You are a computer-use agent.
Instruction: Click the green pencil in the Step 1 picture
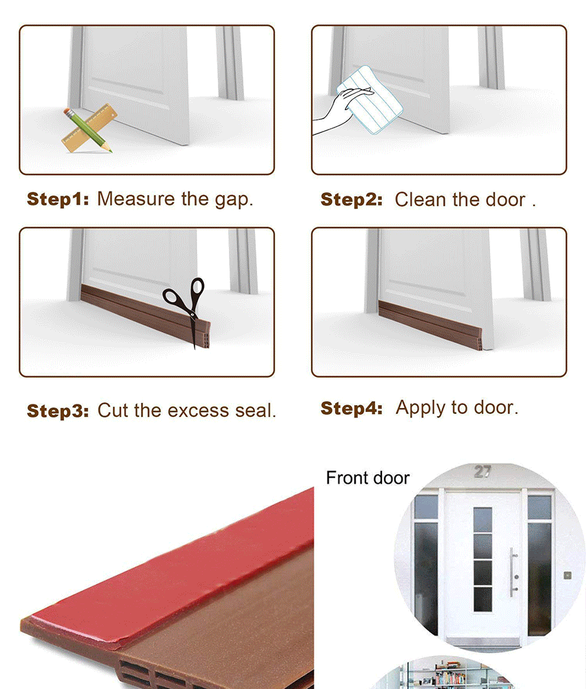tap(88, 130)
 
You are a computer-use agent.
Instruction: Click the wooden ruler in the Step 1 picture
tap(90, 128)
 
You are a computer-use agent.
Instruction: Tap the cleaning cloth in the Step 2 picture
tap(370, 99)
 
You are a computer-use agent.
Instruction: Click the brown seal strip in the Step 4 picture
tap(430, 325)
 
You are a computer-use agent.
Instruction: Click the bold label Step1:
tap(58, 199)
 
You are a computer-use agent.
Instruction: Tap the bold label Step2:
tap(351, 200)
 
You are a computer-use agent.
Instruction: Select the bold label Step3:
tap(58, 411)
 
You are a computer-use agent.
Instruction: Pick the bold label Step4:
tap(351, 408)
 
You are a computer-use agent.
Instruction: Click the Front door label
tap(367, 477)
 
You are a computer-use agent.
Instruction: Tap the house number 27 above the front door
tap(483, 471)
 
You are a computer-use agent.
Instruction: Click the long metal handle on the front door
tap(512, 572)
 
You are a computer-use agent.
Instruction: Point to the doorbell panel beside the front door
tap(567, 575)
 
